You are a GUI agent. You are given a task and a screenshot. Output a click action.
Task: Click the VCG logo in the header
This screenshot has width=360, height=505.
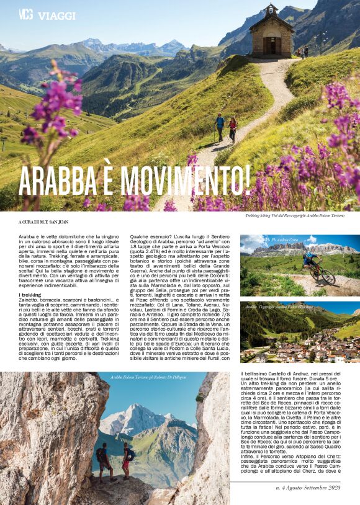point(26,14)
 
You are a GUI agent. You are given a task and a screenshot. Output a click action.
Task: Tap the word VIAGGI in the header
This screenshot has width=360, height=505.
point(56,15)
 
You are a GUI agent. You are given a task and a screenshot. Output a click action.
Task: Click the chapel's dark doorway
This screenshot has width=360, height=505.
point(271,45)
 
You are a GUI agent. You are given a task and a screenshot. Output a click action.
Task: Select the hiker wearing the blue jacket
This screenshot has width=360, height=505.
point(220,127)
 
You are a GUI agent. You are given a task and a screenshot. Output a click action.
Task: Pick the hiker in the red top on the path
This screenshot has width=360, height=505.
point(233,128)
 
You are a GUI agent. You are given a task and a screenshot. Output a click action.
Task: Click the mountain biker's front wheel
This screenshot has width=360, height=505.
point(328,276)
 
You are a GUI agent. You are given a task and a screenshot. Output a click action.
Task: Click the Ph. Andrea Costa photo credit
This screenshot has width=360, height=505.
point(287,239)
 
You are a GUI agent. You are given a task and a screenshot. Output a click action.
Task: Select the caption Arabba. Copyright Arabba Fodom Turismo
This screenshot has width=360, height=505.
point(279,306)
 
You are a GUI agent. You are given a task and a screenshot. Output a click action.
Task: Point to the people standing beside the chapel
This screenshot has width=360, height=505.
point(304,52)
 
